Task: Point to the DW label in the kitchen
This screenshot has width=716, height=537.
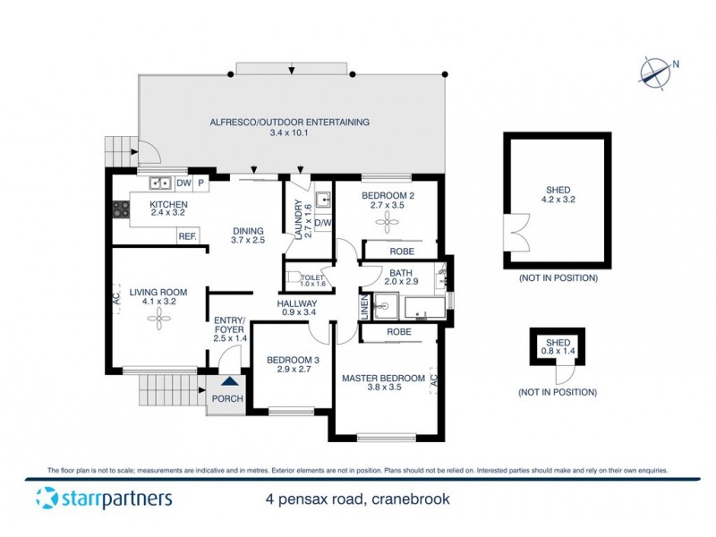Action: [183, 184]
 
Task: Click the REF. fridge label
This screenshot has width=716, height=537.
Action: [187, 236]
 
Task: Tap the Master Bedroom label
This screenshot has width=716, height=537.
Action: [382, 379]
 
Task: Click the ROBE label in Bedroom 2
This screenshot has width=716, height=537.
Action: [400, 251]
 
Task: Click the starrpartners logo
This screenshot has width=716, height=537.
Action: [103, 499]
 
